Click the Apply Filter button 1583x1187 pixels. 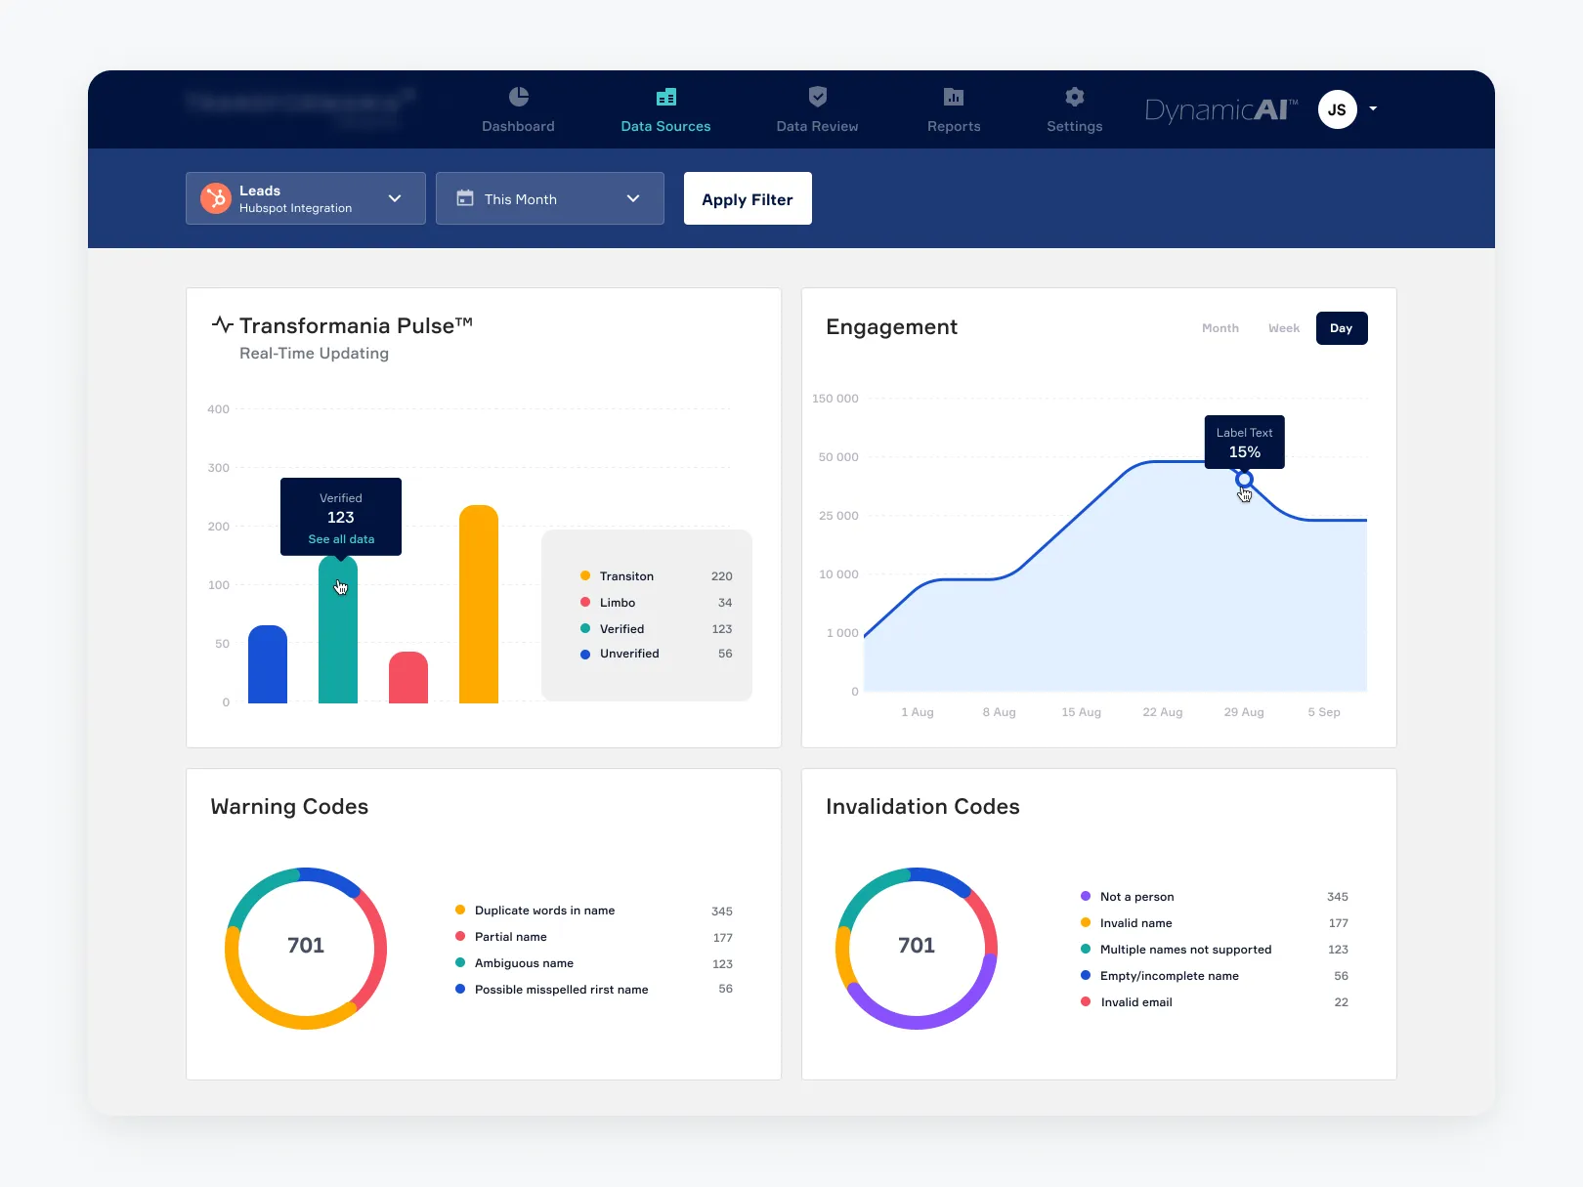click(748, 198)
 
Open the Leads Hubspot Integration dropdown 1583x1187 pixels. click(305, 198)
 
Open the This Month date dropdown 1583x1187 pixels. click(549, 198)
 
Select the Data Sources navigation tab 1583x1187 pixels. click(665, 110)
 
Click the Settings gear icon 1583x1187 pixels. click(1074, 97)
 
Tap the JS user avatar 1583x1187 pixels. click(1337, 109)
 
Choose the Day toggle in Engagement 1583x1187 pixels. click(1341, 328)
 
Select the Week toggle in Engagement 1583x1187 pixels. click(1283, 328)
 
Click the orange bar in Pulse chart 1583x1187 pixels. click(479, 606)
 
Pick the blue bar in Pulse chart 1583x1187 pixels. click(268, 666)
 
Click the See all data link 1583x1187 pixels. click(341, 539)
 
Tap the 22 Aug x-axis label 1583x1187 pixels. click(1162, 712)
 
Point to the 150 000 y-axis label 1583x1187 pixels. click(834, 399)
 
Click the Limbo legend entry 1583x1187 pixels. click(618, 603)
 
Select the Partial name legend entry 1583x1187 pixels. click(510, 937)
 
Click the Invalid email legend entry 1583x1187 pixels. click(1135, 1002)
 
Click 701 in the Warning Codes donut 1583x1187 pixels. click(306, 946)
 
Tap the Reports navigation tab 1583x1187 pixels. click(954, 110)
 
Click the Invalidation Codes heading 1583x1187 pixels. click(922, 807)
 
